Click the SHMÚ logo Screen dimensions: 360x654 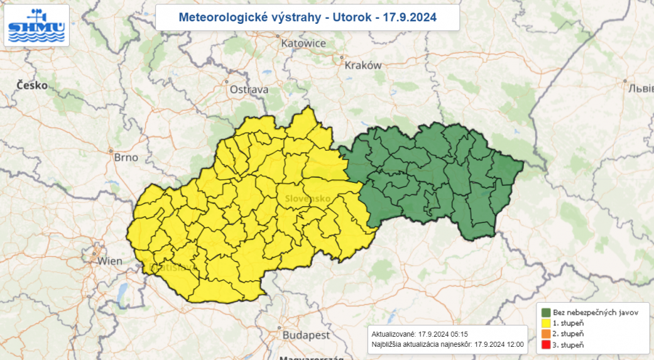pyautogui.click(x=36, y=26)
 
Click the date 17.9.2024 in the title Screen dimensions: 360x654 pyautogui.click(x=414, y=18)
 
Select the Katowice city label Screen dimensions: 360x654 pyautogui.click(x=303, y=43)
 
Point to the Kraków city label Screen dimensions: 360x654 pyautogui.click(x=363, y=65)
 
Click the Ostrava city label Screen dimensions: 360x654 pyautogui.click(x=249, y=90)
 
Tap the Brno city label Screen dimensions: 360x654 pyautogui.click(x=126, y=158)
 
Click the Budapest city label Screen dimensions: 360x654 pyautogui.click(x=306, y=335)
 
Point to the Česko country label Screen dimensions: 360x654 pyautogui.click(x=32, y=85)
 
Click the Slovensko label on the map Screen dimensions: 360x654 pyautogui.click(x=308, y=199)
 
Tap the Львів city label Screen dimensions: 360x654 pyautogui.click(x=640, y=88)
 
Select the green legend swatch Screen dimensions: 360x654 pyautogui.click(x=547, y=312)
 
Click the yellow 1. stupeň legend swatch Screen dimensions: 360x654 pyautogui.click(x=547, y=323)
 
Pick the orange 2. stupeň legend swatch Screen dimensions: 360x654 pyautogui.click(x=547, y=334)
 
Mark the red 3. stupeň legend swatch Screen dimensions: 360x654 pyautogui.click(x=547, y=345)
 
